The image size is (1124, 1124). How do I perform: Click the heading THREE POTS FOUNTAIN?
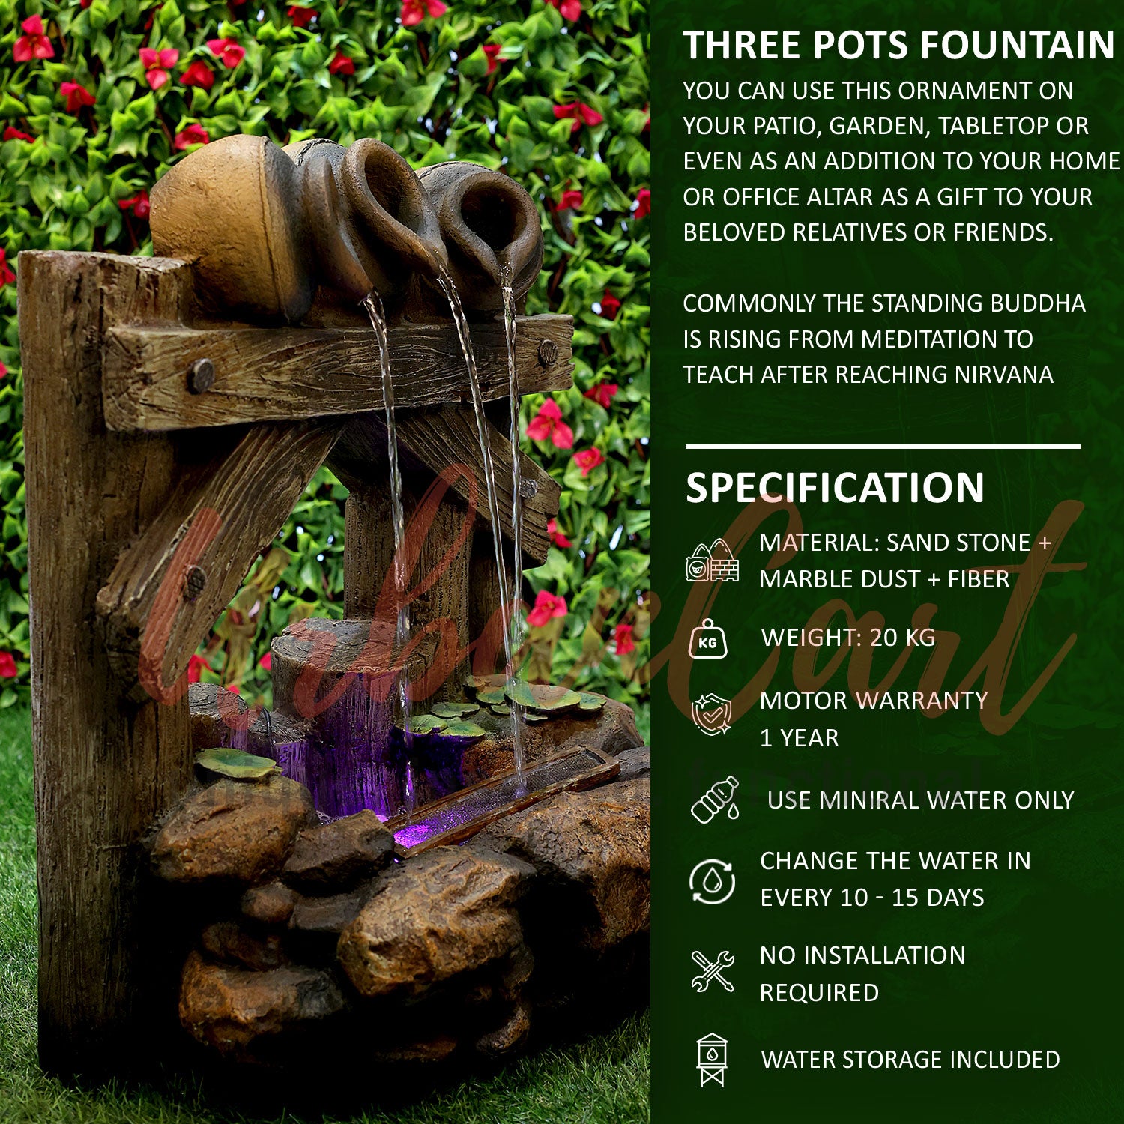click(x=898, y=46)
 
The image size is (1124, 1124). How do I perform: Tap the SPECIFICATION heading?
click(x=835, y=488)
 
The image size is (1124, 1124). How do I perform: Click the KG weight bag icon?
click(x=707, y=640)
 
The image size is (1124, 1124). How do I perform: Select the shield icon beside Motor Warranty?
click(x=711, y=714)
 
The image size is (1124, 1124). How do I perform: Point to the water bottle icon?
click(x=714, y=800)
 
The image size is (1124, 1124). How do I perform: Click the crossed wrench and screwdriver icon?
click(x=712, y=971)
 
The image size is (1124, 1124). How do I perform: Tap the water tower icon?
click(x=711, y=1059)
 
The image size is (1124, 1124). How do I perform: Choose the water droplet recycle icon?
click(x=712, y=880)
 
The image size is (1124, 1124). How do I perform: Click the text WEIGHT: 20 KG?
click(x=848, y=638)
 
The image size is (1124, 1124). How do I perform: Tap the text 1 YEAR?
click(x=799, y=738)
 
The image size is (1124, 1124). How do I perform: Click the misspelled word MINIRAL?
click(x=865, y=800)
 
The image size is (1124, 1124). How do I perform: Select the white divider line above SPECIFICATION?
click(x=883, y=447)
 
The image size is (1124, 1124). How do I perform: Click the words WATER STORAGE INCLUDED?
click(x=910, y=1060)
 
